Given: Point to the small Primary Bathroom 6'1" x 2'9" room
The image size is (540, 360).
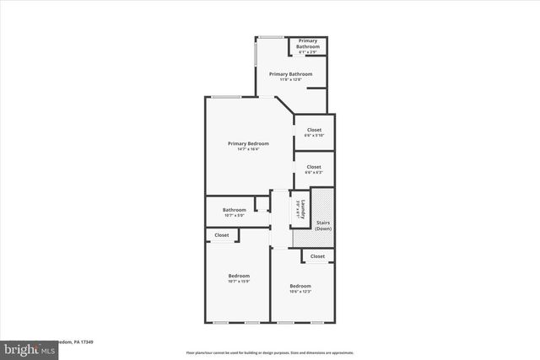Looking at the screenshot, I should click(307, 46).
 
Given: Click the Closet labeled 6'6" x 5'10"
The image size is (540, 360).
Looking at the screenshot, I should click(314, 132).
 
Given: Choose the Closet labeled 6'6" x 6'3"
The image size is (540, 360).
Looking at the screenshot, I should click(314, 169).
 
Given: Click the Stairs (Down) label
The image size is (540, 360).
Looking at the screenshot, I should click(323, 226).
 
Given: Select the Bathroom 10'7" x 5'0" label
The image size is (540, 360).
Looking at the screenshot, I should click(234, 210).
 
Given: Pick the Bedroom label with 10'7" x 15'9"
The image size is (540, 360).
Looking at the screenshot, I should click(239, 277).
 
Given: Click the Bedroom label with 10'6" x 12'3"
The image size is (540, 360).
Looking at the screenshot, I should click(300, 286).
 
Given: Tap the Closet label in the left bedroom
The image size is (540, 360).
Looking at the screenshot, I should click(222, 235).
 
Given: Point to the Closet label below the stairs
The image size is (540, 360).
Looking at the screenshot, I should click(317, 255).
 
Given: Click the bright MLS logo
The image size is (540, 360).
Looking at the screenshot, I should click(26, 348).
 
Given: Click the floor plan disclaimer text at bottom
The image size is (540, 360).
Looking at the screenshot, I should click(270, 352).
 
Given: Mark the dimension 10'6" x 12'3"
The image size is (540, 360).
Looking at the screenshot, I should click(300, 292).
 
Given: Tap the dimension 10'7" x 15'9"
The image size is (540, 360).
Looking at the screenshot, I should click(239, 282).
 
